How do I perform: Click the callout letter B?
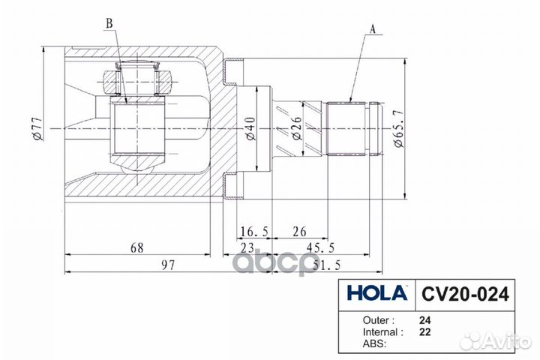point(109,23)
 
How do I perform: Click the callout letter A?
point(372,29)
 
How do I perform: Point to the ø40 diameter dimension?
point(250,129)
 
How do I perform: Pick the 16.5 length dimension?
point(254,232)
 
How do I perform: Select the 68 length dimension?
point(137,247)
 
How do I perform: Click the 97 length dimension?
point(169,265)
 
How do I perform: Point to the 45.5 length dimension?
point(320,247)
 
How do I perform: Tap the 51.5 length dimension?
point(327,265)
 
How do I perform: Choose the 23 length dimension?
point(247,247)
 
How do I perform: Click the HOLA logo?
point(377,293)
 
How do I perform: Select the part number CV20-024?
point(465,294)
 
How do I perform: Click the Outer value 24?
point(425,320)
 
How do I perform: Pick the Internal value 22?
point(425,332)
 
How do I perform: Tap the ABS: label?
point(374,343)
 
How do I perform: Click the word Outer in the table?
point(376,320)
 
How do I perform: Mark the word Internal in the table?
point(380,332)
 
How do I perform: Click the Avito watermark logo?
point(496,340)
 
